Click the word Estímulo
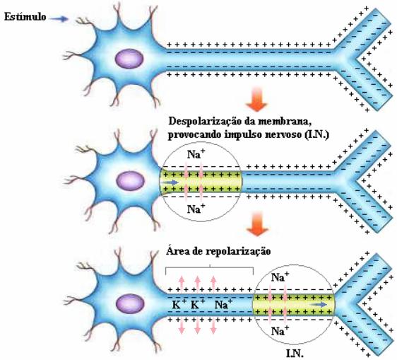click(25, 17)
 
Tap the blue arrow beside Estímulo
click(59, 18)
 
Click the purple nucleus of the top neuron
click(129, 59)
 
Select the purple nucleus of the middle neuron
click(131, 181)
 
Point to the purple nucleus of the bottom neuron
click(130, 303)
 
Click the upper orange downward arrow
click(256, 99)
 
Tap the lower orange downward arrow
click(257, 224)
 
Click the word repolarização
click(239, 252)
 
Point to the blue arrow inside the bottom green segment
click(319, 304)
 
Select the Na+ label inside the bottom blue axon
click(223, 304)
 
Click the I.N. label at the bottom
click(295, 354)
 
